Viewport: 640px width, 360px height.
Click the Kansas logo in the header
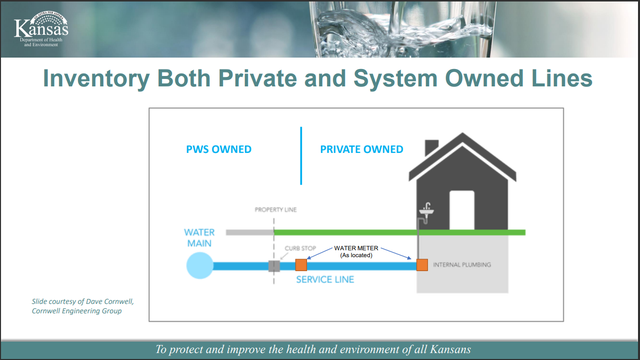[41, 30]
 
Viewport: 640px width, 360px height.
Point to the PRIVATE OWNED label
[361, 150]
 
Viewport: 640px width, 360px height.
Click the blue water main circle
[199, 265]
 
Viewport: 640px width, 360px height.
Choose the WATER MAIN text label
[199, 239]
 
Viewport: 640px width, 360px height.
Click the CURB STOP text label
[301, 246]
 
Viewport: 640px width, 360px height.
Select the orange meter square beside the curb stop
[300, 266]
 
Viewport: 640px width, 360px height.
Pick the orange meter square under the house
[422, 266]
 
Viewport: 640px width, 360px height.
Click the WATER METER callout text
[361, 246]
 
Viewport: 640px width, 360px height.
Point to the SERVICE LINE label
[325, 280]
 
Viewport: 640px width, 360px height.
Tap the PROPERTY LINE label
[275, 210]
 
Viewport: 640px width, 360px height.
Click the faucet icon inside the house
[425, 212]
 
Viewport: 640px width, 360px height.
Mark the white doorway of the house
[461, 207]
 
